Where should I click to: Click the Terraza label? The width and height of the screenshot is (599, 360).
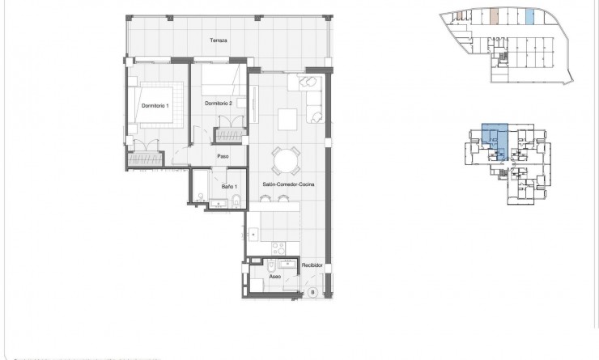217,40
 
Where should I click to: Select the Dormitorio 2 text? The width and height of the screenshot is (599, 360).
219,103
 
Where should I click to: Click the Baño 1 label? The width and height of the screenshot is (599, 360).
229,187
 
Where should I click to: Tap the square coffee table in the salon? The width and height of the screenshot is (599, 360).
289,118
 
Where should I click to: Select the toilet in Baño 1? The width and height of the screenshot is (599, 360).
233,201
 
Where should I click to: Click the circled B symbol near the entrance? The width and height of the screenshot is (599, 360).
312,292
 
